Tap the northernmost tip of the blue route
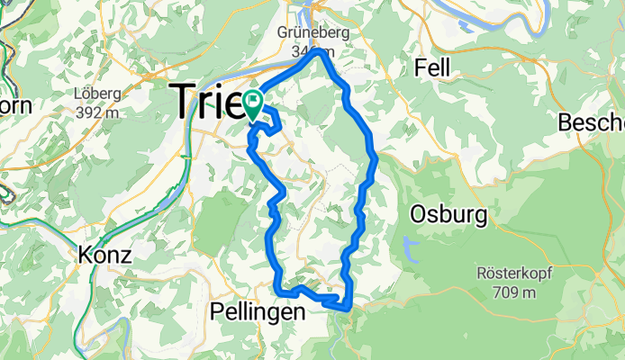point(320,52)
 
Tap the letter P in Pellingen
point(215,311)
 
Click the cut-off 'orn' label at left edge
point(15,105)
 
